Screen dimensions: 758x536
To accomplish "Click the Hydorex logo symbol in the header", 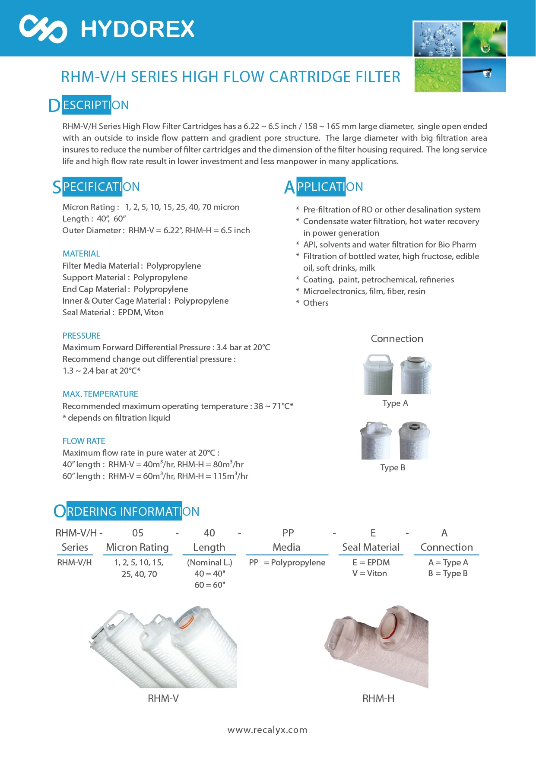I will click(x=43, y=29).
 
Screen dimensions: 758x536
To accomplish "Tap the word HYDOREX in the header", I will click(x=138, y=29).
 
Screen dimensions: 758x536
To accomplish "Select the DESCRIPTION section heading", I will click(x=89, y=105).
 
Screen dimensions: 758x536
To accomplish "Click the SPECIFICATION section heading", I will click(x=96, y=187).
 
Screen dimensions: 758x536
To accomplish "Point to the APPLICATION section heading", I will click(x=324, y=187).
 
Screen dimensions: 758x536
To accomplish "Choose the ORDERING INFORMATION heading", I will click(x=127, y=511).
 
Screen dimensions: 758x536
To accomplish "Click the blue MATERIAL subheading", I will click(x=81, y=254).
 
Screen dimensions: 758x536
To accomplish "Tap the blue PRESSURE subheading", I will click(x=81, y=336).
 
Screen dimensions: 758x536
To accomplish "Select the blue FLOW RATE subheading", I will click(x=84, y=441).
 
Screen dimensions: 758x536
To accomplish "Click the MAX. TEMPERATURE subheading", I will click(x=100, y=394).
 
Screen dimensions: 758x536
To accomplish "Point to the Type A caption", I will click(x=395, y=403).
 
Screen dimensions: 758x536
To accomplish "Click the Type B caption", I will click(x=393, y=467).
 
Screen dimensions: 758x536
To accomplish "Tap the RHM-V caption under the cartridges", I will click(x=163, y=698).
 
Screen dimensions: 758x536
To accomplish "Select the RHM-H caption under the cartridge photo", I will click(x=378, y=698).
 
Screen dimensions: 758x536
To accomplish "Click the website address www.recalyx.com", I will click(x=267, y=730).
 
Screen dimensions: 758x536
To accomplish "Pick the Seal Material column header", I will click(x=371, y=547).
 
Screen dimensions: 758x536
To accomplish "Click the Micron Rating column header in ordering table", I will click(x=137, y=547).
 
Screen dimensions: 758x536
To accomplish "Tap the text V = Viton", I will click(x=370, y=573).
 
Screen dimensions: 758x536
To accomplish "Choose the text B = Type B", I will click(x=448, y=573).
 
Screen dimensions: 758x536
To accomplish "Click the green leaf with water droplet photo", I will click(x=484, y=39).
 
